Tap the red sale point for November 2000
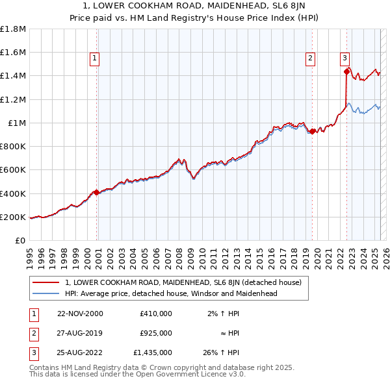tap(97, 192)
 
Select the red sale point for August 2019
tap(313, 132)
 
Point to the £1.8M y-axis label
tap(13, 29)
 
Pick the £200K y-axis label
tap(13, 217)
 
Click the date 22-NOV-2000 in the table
tap(80, 314)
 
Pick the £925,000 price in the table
tap(155, 333)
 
